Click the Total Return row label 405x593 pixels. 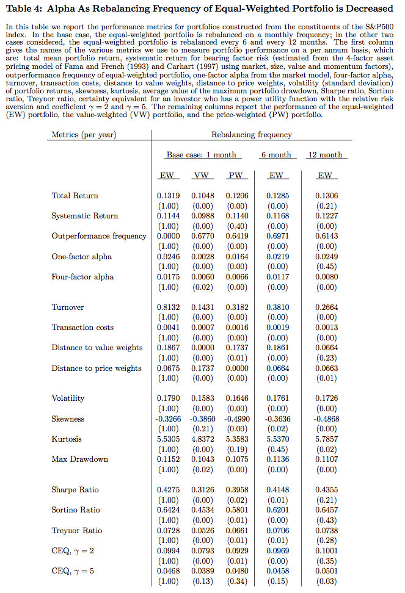75,196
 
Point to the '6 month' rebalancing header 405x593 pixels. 275,155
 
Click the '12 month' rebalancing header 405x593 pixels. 326,155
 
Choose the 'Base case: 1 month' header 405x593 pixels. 201,155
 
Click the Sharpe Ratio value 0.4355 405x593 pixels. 326,490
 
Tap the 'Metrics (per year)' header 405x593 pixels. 84,134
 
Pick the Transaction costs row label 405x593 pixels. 82,328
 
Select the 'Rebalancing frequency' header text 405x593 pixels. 252,134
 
